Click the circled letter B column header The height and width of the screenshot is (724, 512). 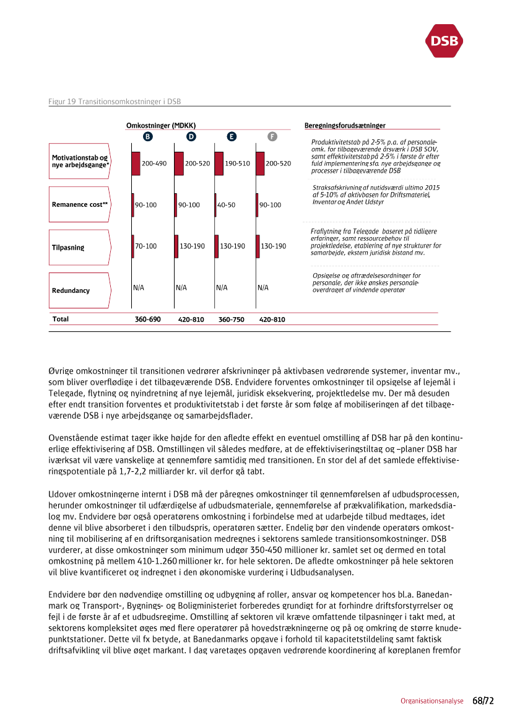(x=148, y=136)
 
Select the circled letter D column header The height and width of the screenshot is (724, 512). (x=191, y=136)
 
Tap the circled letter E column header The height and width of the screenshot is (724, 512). (x=231, y=136)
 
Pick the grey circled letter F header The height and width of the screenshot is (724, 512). (x=272, y=136)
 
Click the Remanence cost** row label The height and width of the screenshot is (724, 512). (x=80, y=204)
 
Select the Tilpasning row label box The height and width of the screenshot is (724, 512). (x=80, y=247)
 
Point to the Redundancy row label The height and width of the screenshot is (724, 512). (x=80, y=290)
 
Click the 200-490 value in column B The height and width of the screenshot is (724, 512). (x=154, y=164)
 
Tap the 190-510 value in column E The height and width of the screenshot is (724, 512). (x=237, y=164)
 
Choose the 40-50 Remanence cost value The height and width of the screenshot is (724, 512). (x=226, y=205)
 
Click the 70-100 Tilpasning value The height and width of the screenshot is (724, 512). (x=145, y=246)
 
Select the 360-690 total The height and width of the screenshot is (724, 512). (x=147, y=320)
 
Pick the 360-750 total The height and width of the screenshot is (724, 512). (x=232, y=320)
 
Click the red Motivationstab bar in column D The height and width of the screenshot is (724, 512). (x=178, y=164)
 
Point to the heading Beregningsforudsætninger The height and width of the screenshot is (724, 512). (x=345, y=126)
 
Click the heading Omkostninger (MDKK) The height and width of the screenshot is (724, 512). (x=161, y=126)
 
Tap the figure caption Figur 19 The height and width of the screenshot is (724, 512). (x=114, y=101)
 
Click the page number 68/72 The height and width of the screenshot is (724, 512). (x=483, y=701)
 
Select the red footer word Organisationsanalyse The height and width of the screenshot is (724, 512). (x=432, y=701)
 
